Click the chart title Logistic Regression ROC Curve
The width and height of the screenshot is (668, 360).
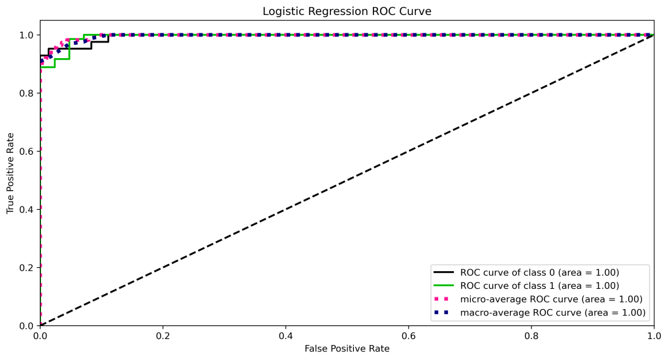pos(347,11)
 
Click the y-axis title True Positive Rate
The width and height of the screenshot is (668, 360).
pos(10,180)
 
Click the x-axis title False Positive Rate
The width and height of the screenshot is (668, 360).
pos(347,349)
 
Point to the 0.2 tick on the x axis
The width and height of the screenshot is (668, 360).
pos(163,335)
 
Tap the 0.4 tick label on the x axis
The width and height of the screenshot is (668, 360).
pos(285,335)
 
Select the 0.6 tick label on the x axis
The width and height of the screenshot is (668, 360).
pos(408,335)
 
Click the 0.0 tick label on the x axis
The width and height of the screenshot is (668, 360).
pos(40,335)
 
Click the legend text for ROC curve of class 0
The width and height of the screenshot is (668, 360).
pos(539,272)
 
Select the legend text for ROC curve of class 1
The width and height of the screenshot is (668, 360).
pos(539,286)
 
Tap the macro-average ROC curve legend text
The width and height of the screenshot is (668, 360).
pos(553,313)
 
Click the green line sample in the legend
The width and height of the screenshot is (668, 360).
pos(443,286)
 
